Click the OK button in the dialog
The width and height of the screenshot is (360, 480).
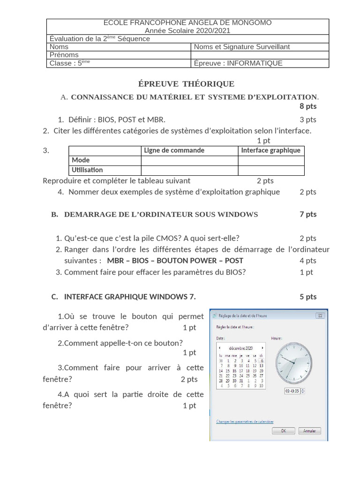(x=284, y=431)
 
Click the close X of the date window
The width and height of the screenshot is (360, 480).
(x=320, y=315)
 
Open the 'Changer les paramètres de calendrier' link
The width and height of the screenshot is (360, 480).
(x=245, y=421)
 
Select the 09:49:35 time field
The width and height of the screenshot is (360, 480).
(x=295, y=390)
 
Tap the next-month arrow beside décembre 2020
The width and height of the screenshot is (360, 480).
(x=262, y=348)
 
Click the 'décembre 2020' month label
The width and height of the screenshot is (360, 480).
(x=241, y=348)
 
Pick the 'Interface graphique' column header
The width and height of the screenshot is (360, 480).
(x=270, y=150)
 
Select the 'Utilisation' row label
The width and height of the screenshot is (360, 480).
(x=87, y=170)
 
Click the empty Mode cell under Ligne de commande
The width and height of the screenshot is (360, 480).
(x=189, y=160)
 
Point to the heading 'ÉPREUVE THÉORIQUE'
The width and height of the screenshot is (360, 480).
(x=186, y=84)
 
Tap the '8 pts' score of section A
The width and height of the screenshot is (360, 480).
(x=308, y=106)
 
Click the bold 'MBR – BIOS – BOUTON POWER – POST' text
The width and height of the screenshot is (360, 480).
(x=175, y=260)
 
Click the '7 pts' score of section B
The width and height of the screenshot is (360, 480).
(x=308, y=214)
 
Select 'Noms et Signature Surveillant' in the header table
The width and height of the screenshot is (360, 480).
(x=242, y=46)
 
